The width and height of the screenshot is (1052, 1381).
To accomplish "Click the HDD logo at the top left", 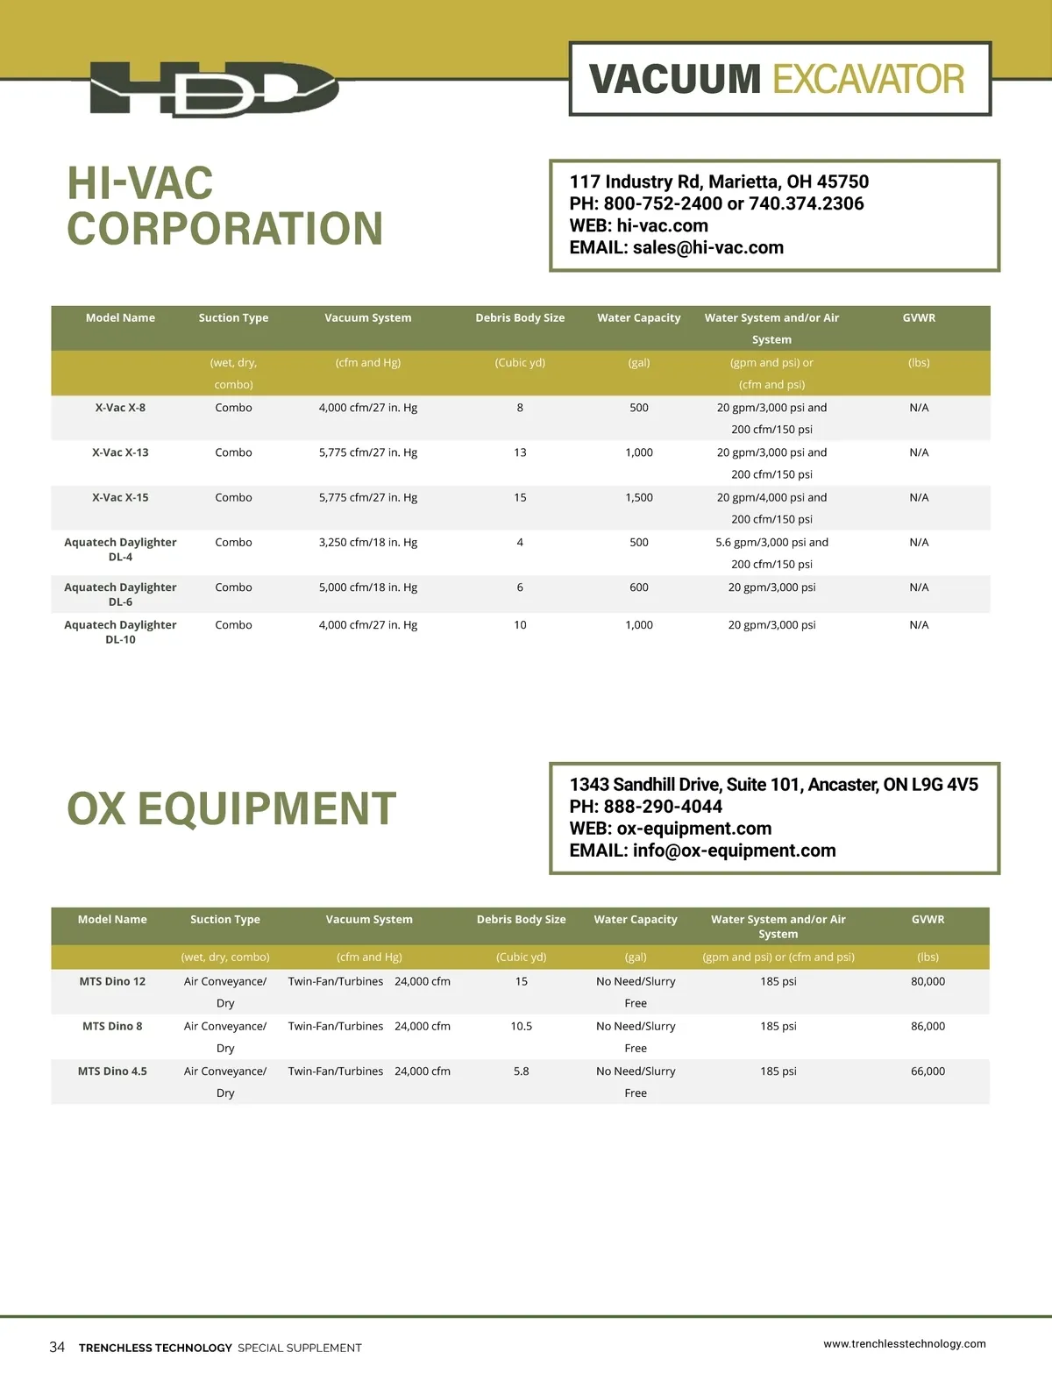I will coord(214,89).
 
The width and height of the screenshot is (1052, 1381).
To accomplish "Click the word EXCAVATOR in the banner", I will coord(868,80).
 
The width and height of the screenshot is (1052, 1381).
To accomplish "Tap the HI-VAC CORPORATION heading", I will coord(224,206).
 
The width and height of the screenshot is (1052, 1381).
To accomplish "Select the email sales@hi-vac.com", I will coord(707,248).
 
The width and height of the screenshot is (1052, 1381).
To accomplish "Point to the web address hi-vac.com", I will coord(662,226).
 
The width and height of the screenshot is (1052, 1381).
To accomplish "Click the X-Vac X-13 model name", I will coord(120,453).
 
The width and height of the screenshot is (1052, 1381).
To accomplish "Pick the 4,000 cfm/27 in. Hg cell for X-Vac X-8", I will coord(367,408).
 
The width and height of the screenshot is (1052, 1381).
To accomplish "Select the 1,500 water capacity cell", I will coord(638,498).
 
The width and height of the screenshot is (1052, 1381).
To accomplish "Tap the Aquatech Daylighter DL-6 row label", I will coord(120,594).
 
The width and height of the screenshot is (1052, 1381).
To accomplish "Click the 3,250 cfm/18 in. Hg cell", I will coord(367,543).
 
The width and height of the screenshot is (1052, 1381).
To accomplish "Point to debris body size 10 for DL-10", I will coord(520,625).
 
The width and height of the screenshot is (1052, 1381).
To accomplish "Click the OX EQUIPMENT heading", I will coord(231,808).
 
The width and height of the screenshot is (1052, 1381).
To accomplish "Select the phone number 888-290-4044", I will coord(663,807).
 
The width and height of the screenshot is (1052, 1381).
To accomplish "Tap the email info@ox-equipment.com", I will coord(734,851).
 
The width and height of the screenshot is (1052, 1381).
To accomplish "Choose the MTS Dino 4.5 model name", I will coord(112,1071).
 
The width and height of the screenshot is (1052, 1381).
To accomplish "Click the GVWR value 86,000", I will coord(928,1027).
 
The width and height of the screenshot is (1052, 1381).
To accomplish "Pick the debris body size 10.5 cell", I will coord(521,1027).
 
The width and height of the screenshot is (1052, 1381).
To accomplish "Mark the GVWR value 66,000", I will coord(928,1071).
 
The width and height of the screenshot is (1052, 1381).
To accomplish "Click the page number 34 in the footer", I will coord(57,1347).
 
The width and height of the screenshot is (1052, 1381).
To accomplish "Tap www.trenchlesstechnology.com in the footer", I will coord(904,1343).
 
